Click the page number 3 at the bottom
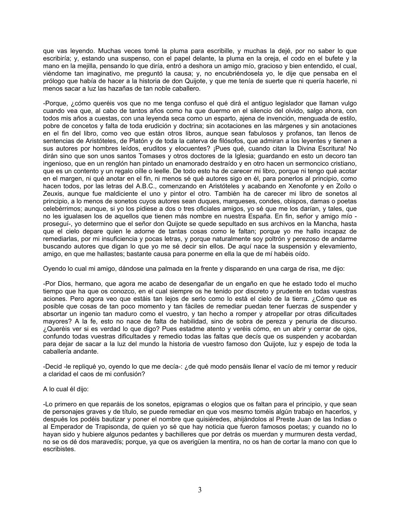[x=200, y=490]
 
